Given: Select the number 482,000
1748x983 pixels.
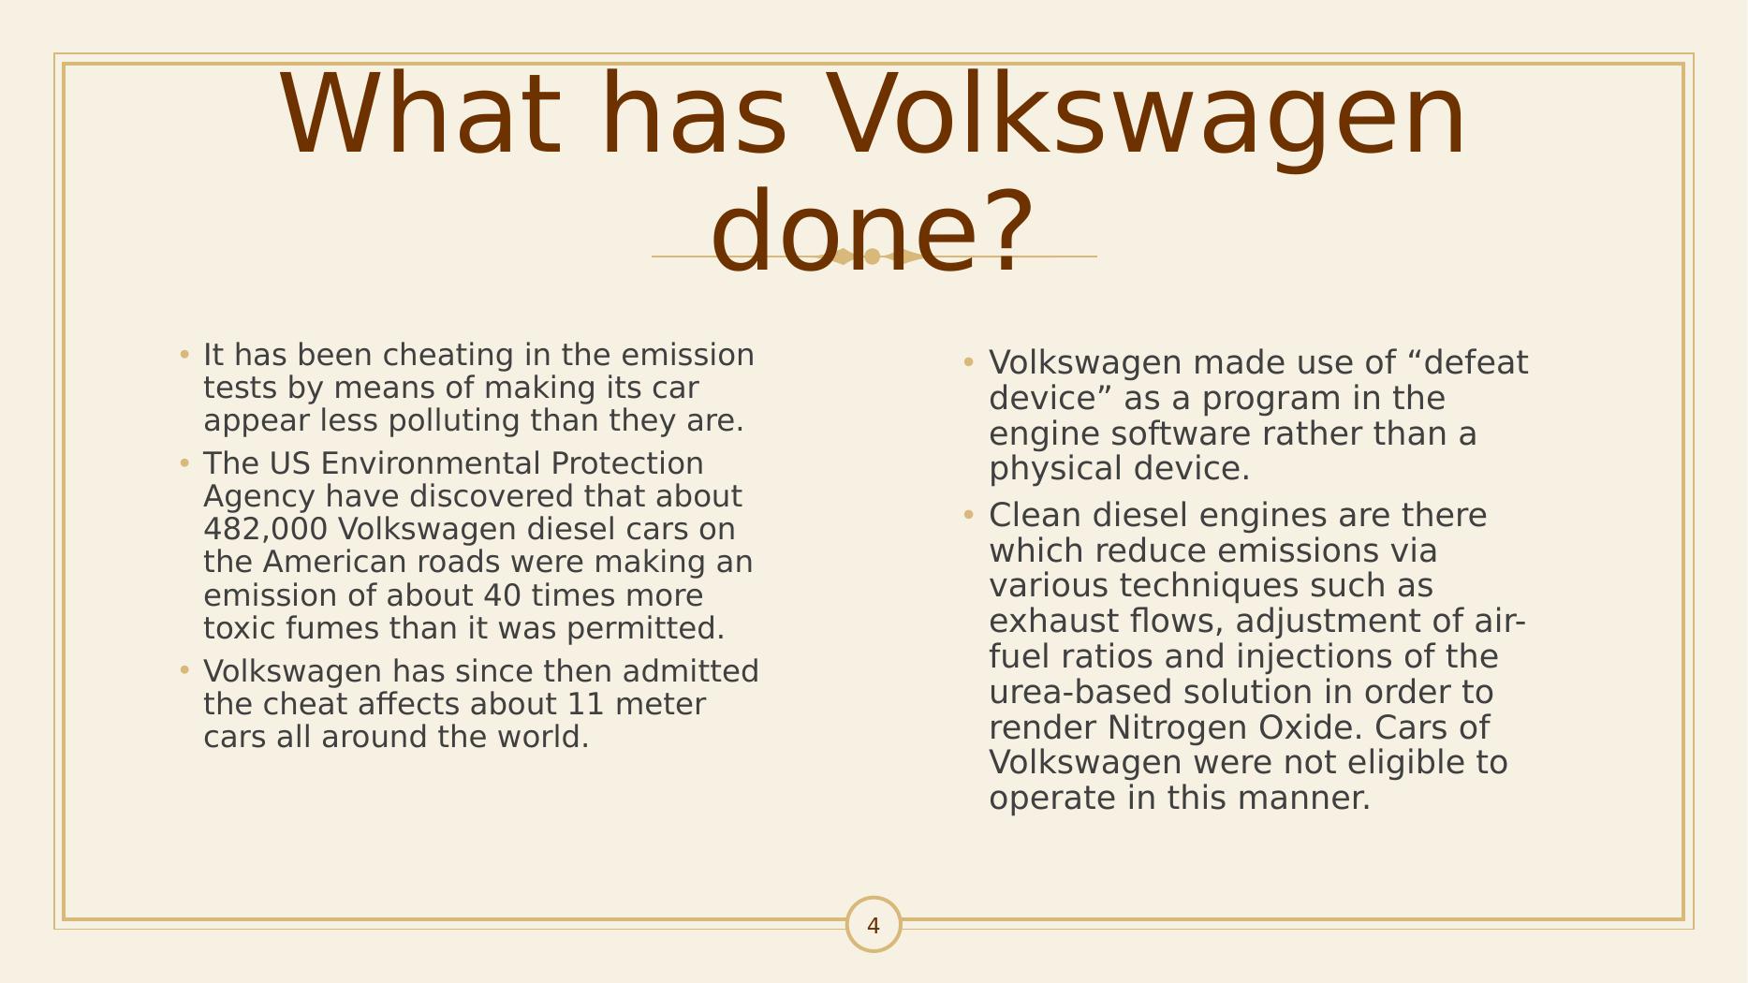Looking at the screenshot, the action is (265, 529).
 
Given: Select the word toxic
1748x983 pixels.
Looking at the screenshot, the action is (240, 628).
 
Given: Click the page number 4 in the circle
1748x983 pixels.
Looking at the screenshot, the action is (874, 926).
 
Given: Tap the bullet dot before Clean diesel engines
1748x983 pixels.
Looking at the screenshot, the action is (969, 514).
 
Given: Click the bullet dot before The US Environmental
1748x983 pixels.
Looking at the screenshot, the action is (184, 462).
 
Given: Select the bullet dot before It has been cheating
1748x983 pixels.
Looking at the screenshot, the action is (184, 355).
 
